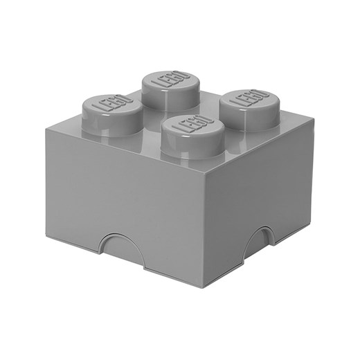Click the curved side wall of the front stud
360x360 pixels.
pos(189,147)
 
